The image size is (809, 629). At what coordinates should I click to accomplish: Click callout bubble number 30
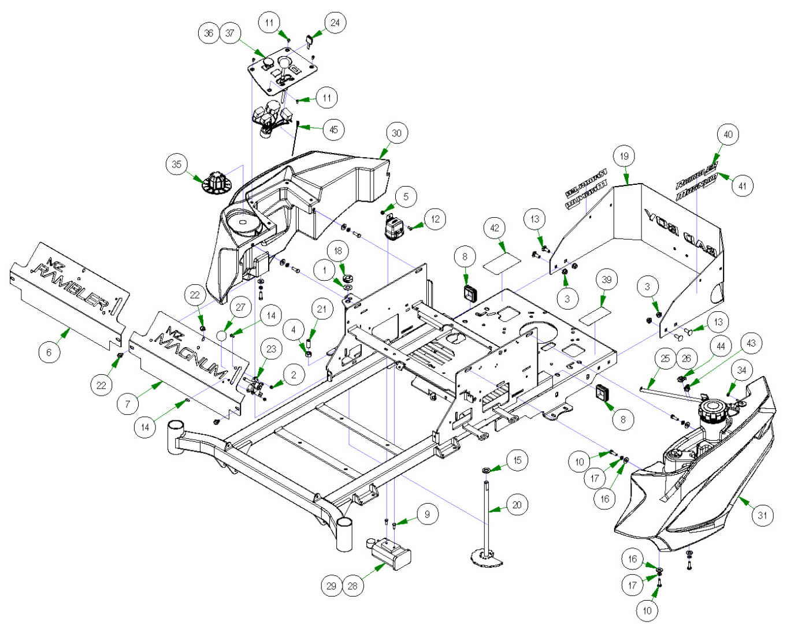coord(396,133)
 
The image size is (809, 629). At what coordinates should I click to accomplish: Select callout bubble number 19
coord(624,156)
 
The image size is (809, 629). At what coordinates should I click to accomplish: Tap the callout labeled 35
coord(176,164)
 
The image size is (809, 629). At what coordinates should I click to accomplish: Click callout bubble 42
coord(495,228)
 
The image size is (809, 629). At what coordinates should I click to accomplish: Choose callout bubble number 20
coord(517,505)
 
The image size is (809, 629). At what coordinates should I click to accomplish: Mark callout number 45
coord(333,129)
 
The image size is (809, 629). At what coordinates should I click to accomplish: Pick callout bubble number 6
coord(49,352)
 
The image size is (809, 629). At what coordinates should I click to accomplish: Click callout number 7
coord(128,404)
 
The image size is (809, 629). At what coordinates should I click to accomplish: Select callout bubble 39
coord(606,280)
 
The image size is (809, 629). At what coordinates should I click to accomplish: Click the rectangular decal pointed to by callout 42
coord(501,263)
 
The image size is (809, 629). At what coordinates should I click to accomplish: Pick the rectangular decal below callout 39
coord(595,315)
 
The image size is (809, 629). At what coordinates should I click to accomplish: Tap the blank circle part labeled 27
coord(221,336)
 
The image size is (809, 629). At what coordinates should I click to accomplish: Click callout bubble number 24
coord(335,23)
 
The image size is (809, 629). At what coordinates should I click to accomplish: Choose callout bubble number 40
coord(728,135)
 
